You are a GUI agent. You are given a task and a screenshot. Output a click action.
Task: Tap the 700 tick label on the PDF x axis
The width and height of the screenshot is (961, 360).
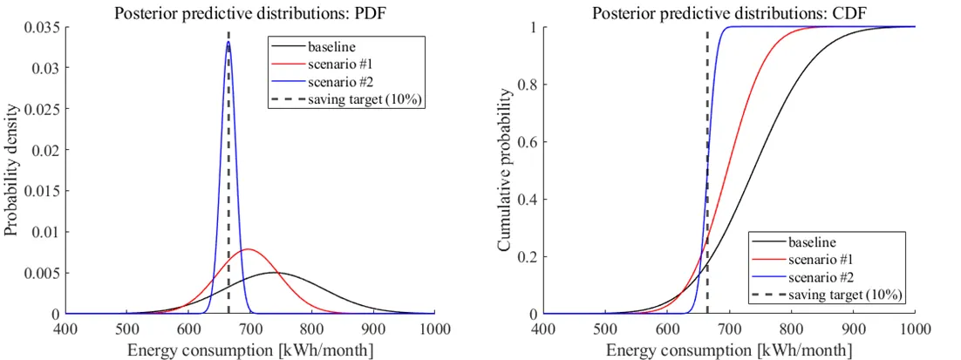249,329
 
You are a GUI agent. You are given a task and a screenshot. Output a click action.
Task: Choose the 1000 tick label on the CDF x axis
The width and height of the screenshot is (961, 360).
915,329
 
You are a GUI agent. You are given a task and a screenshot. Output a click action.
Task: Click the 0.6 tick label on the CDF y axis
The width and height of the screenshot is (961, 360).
528,142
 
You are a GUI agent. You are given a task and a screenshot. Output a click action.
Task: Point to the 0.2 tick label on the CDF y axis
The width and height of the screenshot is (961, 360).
528,257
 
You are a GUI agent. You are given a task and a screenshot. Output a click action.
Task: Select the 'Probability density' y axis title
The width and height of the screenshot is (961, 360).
11,170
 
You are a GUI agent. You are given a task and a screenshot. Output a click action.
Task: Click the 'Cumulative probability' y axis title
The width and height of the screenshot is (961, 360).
505,170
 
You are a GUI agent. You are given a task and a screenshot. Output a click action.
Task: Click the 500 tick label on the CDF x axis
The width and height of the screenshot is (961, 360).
604,329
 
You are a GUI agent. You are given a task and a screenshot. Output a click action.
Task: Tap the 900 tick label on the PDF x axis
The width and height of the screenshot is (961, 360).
373,329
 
